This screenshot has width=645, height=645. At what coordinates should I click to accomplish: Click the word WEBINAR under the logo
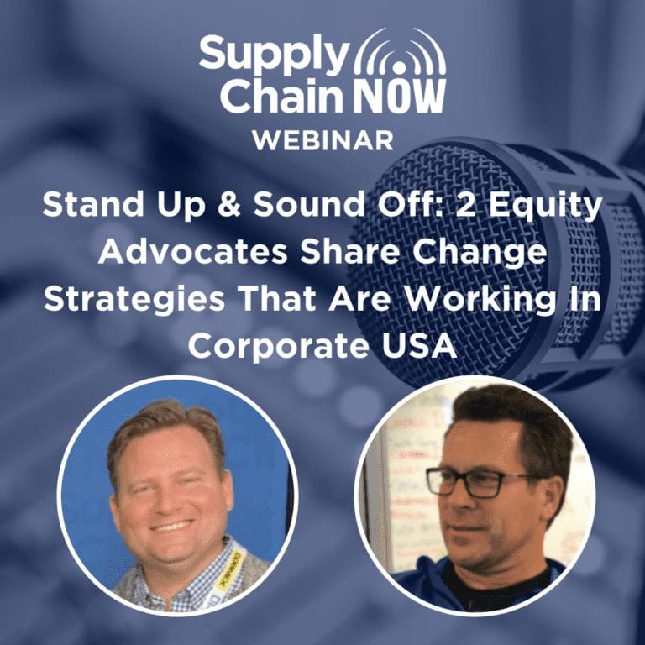322,141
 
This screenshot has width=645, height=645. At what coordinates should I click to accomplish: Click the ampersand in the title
229,204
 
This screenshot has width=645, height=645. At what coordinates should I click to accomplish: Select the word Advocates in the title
193,252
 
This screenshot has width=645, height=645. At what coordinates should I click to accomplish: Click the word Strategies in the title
134,301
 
